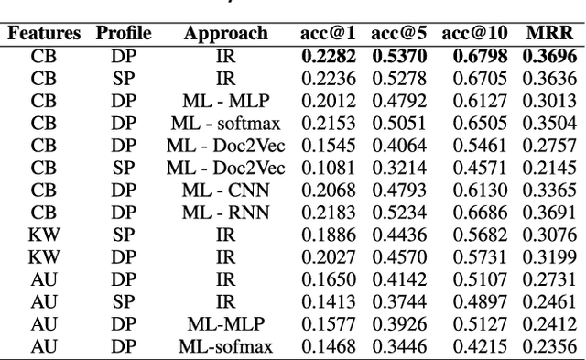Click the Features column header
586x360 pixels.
(x=44, y=34)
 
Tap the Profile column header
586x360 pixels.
(x=124, y=34)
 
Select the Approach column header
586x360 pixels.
(x=225, y=34)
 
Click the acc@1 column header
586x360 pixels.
(x=325, y=34)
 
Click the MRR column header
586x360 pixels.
(x=549, y=34)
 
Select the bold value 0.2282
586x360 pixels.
(x=325, y=57)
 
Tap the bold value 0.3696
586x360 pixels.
(x=549, y=57)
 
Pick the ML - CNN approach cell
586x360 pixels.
(x=225, y=190)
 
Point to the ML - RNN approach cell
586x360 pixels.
(x=225, y=212)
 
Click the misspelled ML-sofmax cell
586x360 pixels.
(x=225, y=345)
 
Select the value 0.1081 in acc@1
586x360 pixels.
(x=325, y=168)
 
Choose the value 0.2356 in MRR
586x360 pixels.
(x=549, y=345)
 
